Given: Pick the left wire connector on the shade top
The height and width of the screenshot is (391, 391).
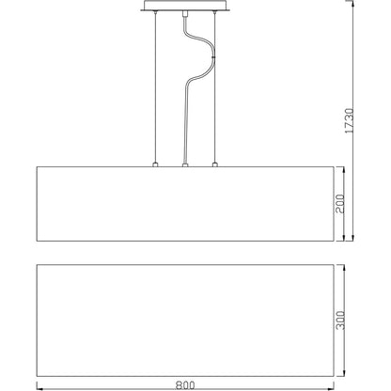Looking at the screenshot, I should (x=155, y=164).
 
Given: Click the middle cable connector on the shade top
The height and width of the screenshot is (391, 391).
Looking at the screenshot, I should (x=185, y=164).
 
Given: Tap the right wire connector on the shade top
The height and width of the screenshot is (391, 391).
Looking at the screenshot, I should (x=215, y=164).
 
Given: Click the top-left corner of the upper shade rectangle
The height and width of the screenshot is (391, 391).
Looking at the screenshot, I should (x=37, y=167).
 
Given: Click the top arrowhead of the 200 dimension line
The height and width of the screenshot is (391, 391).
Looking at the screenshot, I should (x=349, y=169).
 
